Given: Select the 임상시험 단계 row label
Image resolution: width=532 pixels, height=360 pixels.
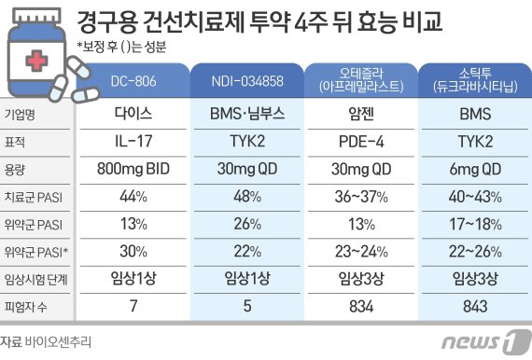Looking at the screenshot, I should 35,278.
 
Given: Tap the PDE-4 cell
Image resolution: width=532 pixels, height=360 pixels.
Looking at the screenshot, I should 359,145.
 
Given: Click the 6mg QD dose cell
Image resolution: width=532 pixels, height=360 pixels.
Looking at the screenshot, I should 471,172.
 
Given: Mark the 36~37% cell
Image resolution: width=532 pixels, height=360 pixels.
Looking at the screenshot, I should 359,199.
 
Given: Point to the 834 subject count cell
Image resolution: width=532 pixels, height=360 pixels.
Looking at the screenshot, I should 359,305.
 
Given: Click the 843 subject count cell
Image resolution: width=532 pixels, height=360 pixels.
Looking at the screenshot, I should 471,305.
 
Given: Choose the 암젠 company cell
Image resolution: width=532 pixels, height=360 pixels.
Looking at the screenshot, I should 359,119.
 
